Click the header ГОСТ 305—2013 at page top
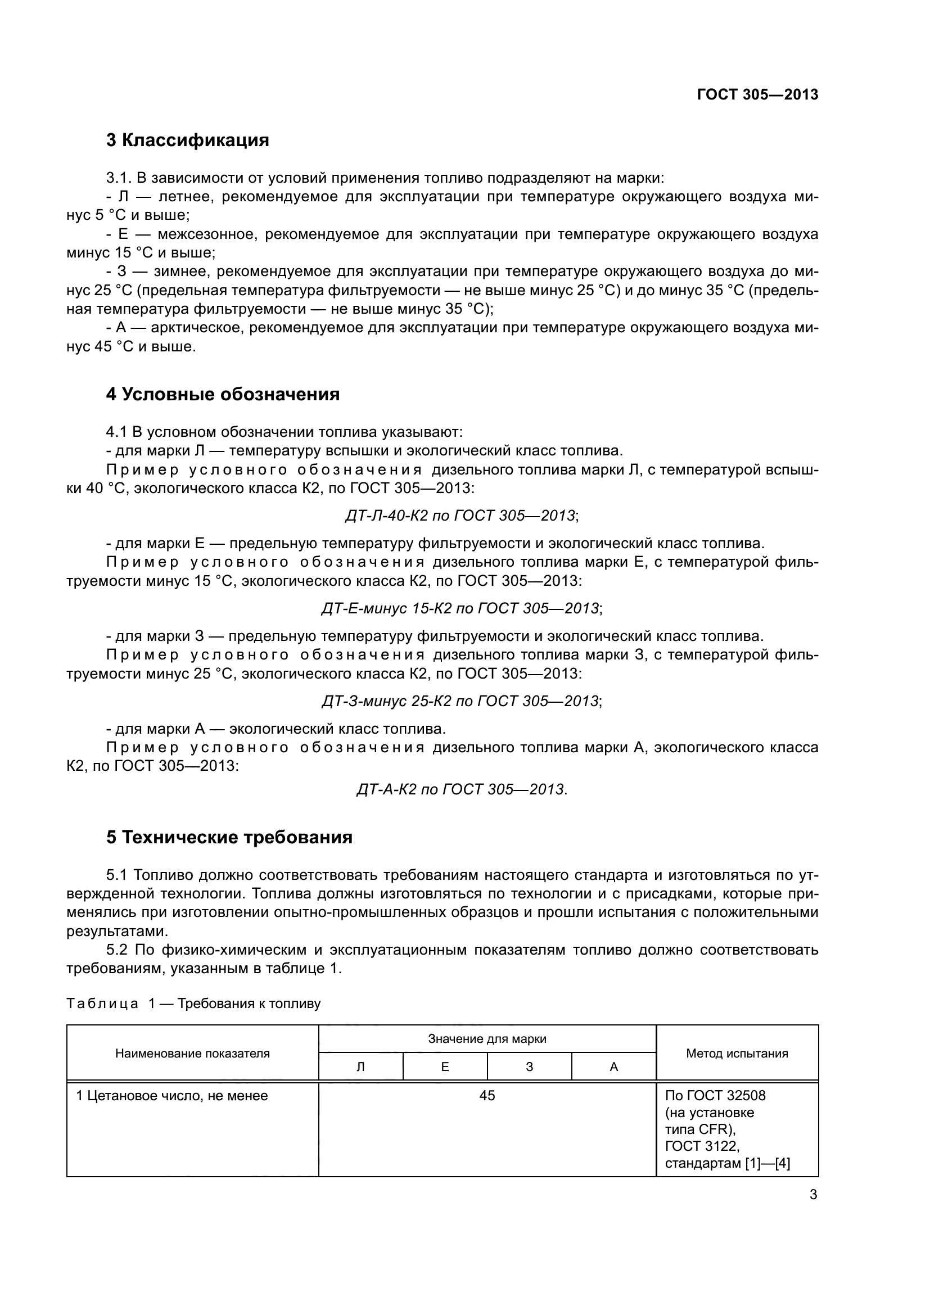[x=757, y=95]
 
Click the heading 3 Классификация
[x=187, y=141]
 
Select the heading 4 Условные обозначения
[x=223, y=395]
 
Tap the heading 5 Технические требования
[x=229, y=837]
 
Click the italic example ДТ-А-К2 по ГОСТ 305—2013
[x=462, y=789]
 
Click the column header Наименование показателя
[x=192, y=1053]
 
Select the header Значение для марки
[x=487, y=1039]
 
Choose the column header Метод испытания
[x=737, y=1053]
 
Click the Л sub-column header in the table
[x=361, y=1067]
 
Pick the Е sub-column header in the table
[x=445, y=1067]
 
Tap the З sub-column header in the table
[x=529, y=1067]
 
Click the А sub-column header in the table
[x=614, y=1067]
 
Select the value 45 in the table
[x=487, y=1096]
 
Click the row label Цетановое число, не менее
[x=172, y=1096]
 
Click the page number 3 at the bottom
[x=813, y=1195]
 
